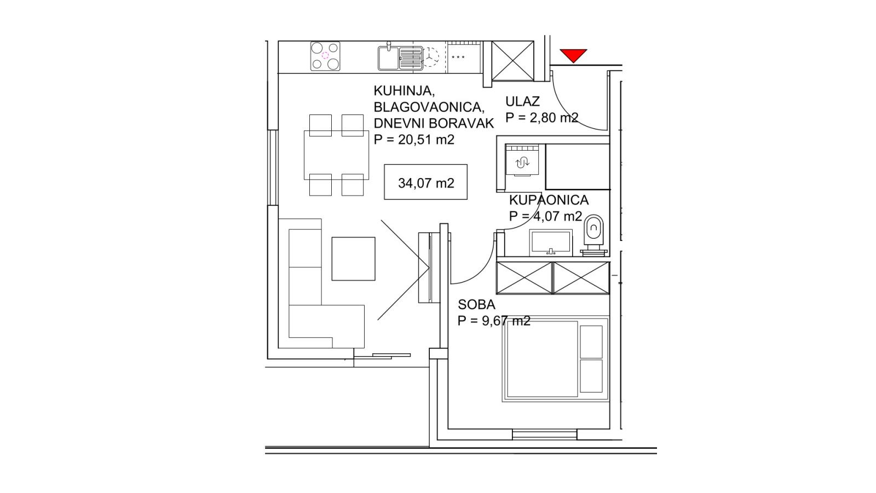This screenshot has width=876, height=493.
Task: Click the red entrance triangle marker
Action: point(573,55)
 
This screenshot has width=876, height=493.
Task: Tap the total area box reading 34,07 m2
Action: point(425,182)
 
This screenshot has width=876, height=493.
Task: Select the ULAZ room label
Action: point(522,101)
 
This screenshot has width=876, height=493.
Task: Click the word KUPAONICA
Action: point(549,200)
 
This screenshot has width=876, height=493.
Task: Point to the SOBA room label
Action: point(476,305)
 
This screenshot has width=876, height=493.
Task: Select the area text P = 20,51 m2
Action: point(414,139)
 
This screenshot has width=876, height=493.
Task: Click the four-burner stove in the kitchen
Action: point(325,56)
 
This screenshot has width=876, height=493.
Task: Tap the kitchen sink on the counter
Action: point(400,58)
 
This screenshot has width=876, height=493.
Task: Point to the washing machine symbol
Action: point(522,160)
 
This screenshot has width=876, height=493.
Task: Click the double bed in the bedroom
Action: point(555,358)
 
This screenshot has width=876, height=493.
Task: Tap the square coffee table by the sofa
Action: point(354,259)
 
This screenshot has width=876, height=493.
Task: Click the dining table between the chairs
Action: point(336,155)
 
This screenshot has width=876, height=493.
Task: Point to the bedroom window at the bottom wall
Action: point(544,434)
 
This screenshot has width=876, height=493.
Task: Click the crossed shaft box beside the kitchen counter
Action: point(512,61)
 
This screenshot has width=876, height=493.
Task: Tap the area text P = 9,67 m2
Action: point(494,321)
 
